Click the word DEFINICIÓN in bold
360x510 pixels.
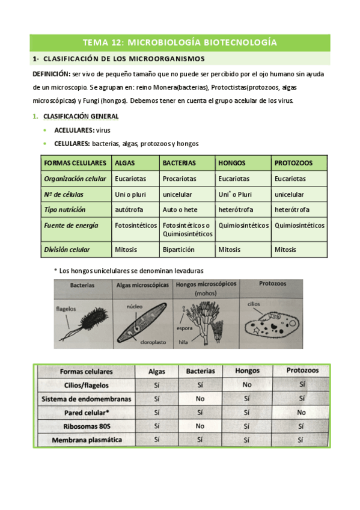[50, 73]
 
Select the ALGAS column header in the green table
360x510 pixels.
[125, 163]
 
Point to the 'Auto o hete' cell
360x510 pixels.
[178, 209]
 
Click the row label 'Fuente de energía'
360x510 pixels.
[70, 225]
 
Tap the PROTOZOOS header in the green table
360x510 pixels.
[294, 163]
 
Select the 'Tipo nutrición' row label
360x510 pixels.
[65, 209]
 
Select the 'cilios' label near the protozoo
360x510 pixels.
[253, 304]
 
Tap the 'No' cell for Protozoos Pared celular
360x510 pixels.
[301, 413]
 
